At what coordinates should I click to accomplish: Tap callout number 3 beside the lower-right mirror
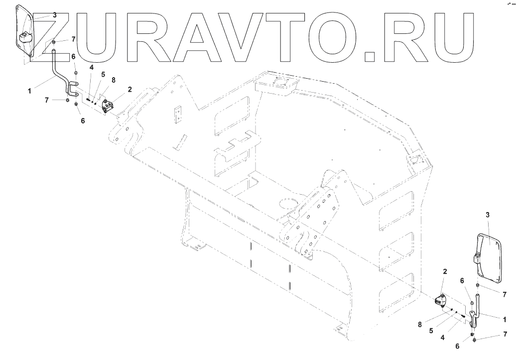pos(488,215)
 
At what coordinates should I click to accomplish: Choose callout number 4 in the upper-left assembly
pos(92,67)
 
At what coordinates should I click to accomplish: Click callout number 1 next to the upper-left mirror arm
pos(30,91)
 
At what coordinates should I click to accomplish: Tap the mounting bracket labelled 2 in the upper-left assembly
pos(108,106)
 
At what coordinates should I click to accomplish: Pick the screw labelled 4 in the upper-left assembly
pos(88,99)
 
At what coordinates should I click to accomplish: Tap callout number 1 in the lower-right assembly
pos(505,319)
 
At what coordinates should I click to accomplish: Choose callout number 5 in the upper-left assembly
pos(103,74)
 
